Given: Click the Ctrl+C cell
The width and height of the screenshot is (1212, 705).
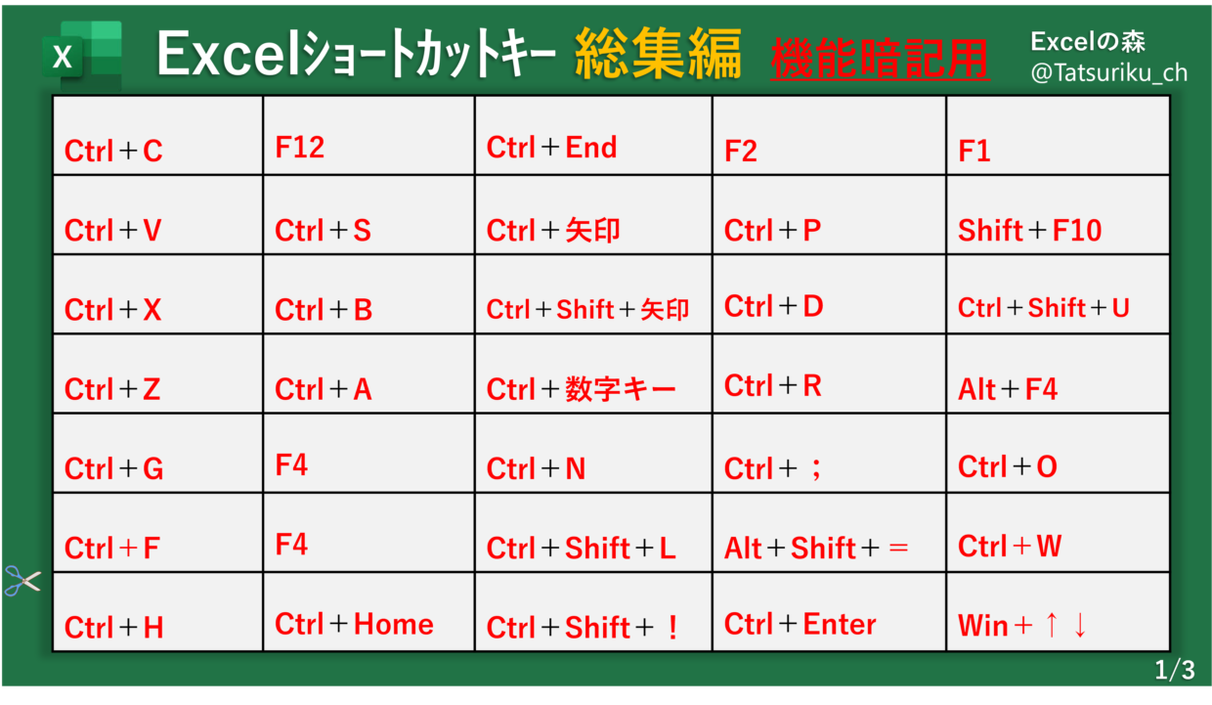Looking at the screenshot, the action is point(157,135).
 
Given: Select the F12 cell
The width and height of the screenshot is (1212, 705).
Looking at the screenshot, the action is point(369,135).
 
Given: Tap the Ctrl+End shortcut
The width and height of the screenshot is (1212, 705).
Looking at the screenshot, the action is point(593,135).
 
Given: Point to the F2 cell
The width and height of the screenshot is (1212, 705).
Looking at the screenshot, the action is point(830,135).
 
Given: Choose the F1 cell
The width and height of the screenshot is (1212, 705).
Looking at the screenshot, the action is point(1059,135).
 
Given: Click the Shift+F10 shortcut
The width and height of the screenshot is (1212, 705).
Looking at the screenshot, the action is point(1059,215).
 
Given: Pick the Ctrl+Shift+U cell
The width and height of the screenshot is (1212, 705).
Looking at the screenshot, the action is point(1059,294).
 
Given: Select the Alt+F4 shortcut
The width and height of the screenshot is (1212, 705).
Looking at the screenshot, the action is point(1059,374).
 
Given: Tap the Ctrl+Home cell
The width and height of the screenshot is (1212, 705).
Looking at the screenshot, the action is point(369,612).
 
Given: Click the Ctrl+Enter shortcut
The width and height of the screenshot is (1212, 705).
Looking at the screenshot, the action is point(830,612).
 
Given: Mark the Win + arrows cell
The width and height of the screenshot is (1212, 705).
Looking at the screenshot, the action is point(1059,612).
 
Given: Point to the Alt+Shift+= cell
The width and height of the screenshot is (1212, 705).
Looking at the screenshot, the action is point(830,532).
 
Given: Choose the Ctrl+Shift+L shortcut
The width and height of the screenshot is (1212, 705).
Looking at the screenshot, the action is point(593,532).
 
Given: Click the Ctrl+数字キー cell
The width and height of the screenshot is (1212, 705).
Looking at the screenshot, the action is point(593,374).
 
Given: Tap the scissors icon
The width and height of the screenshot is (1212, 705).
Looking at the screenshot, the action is point(22,581).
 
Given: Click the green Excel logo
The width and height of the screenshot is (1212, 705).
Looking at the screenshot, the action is point(82,55).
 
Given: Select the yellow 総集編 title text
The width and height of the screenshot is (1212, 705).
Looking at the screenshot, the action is point(658,54).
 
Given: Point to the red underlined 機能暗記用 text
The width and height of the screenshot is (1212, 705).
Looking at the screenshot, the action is point(881,59).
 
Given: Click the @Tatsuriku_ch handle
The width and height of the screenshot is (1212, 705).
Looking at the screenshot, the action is point(1109,72).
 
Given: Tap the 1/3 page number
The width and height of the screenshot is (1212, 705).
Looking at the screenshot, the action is point(1175,670).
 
